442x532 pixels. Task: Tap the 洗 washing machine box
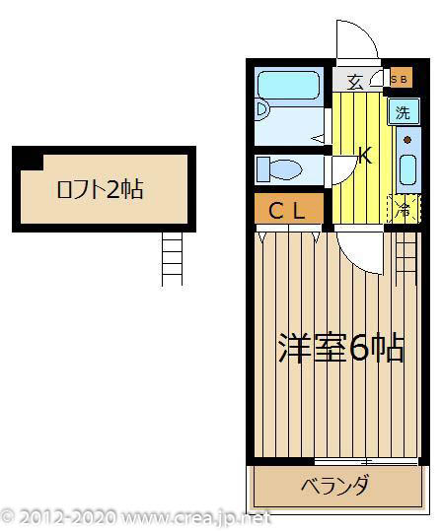pyautogui.click(x=403, y=111)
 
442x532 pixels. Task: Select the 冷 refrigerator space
pyautogui.click(x=404, y=208)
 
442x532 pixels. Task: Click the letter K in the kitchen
pyautogui.click(x=364, y=155)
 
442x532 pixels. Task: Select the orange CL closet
pyautogui.click(x=288, y=209)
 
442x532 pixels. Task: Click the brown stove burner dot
pyautogui.click(x=406, y=140)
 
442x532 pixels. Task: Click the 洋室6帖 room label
pyautogui.click(x=340, y=347)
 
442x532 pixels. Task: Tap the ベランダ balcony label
pyautogui.click(x=335, y=486)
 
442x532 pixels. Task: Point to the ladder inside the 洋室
pyautogui.click(x=405, y=256)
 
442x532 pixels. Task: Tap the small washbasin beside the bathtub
pyautogui.click(x=262, y=109)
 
